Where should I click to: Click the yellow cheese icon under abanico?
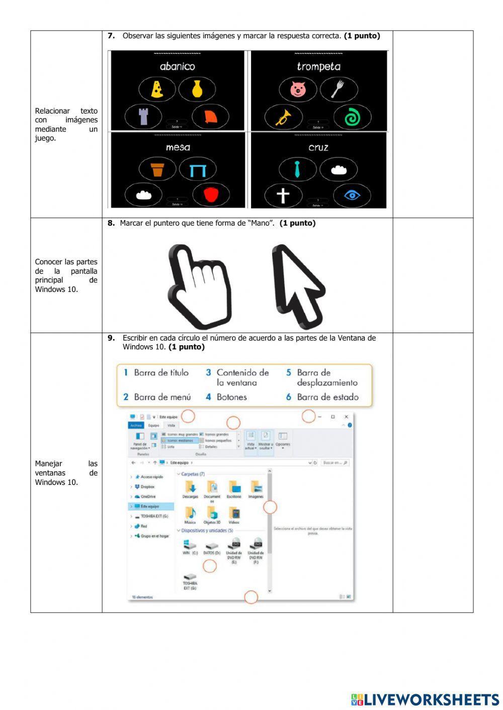[x=157, y=89]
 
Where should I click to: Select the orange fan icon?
[x=210, y=117]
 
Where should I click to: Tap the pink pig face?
[x=298, y=90]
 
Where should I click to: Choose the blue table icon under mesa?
[x=198, y=170]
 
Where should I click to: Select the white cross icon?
[x=283, y=195]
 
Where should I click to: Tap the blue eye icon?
[x=352, y=195]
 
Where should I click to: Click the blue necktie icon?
[x=297, y=169]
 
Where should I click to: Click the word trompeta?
[x=318, y=66]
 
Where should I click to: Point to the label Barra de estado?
[x=327, y=397]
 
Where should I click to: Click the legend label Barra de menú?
[x=162, y=397]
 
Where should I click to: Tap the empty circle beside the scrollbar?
[x=270, y=508]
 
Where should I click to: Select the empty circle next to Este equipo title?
[x=188, y=416]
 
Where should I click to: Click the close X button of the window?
[x=346, y=417]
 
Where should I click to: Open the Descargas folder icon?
[x=190, y=486]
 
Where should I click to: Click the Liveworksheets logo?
[x=425, y=699]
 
